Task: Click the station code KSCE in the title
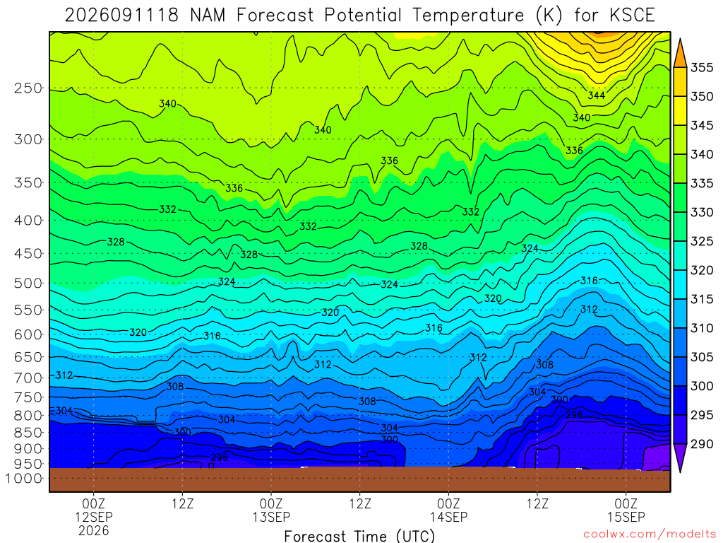point(632,16)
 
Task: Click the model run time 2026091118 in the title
point(121,16)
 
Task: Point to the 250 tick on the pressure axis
point(28,88)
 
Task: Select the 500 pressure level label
point(28,283)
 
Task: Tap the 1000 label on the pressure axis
point(24,479)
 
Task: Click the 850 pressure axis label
point(28,433)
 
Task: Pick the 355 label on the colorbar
point(702,67)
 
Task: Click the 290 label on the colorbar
point(702,444)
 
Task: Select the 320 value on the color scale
point(702,270)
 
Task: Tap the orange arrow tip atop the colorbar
point(680,40)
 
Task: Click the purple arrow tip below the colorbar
point(680,471)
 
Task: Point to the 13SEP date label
point(271,517)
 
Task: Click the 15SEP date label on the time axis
point(626,517)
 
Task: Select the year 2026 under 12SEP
point(94,530)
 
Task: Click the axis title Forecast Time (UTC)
point(359,536)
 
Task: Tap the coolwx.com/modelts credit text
point(650,535)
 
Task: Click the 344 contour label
point(596,95)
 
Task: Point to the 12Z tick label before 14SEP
point(359,503)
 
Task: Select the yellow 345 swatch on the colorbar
point(680,111)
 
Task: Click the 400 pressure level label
point(28,221)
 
